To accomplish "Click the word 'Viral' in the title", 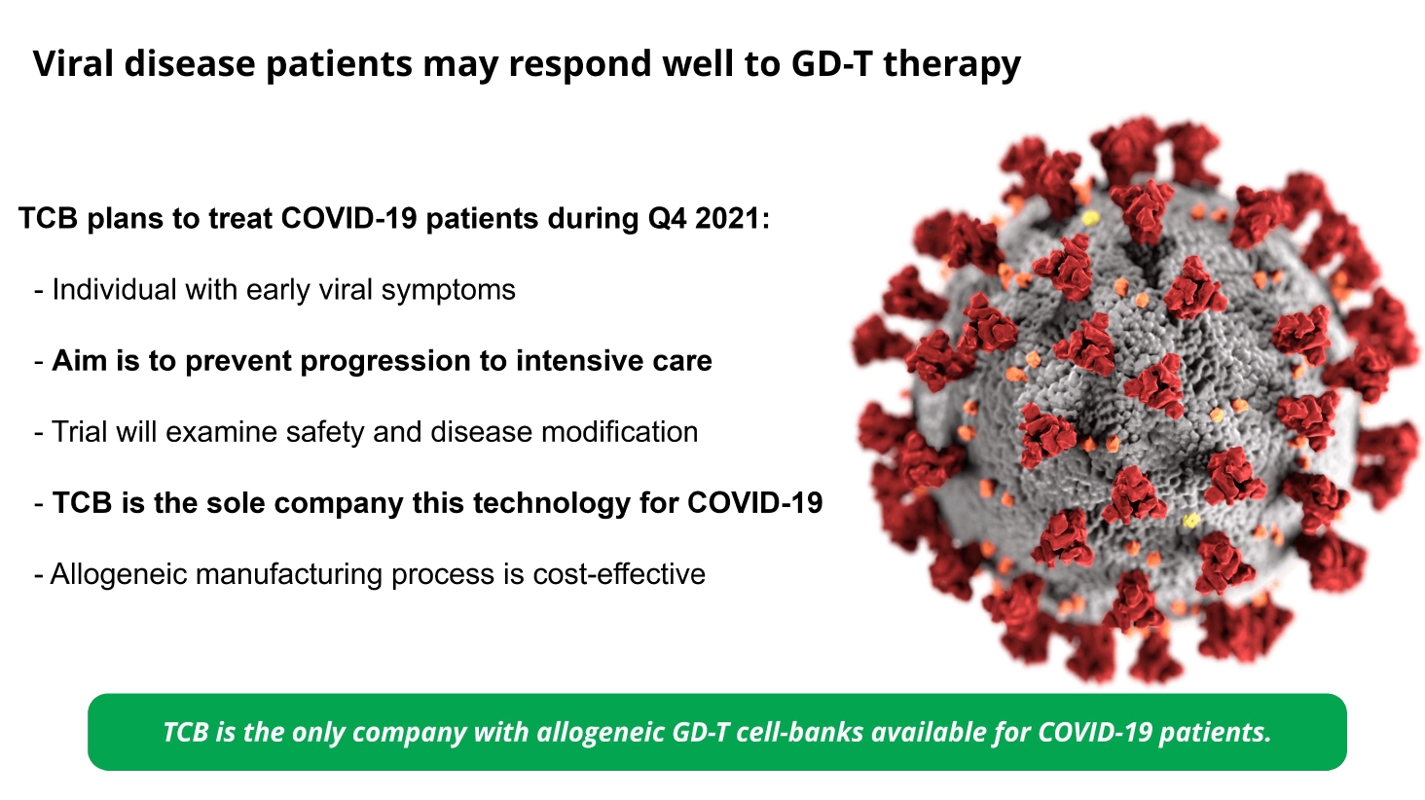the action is click(73, 63).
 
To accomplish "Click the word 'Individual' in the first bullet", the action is click(114, 289).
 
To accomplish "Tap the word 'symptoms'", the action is click(448, 291).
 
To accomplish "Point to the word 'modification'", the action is click(619, 432).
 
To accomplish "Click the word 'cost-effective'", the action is click(619, 573).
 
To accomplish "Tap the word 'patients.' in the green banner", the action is click(1215, 733).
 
